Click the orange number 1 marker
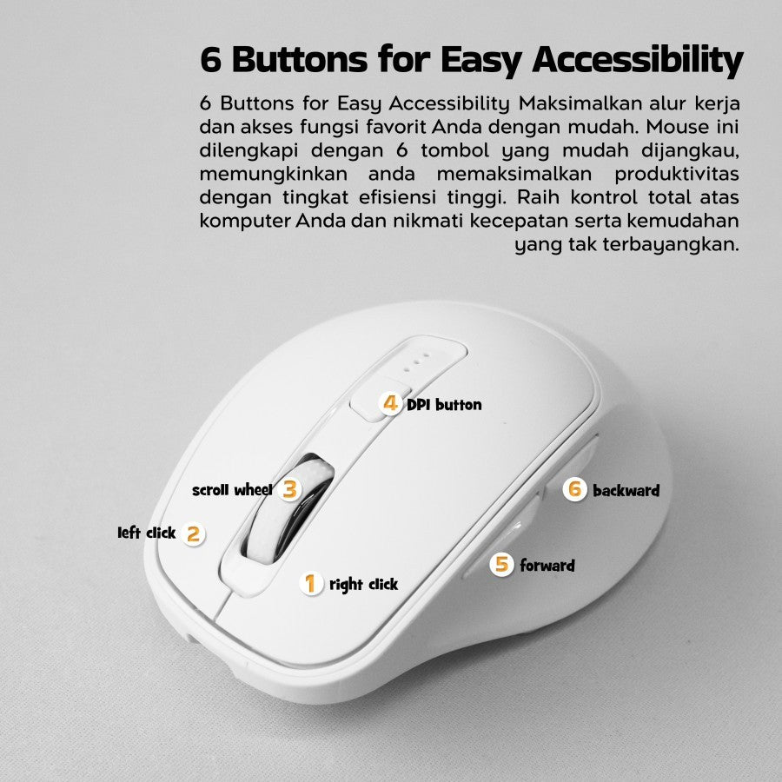coord(311,583)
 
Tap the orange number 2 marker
coord(193,534)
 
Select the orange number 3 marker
coord(289,489)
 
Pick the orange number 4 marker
coord(390,403)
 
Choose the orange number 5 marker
coord(501,565)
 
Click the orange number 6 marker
coord(574,489)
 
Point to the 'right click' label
coord(363,585)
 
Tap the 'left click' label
coord(147,533)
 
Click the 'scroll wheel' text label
coord(232,490)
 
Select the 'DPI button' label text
coord(444,404)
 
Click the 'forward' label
coord(547,566)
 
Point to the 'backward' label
coord(626,491)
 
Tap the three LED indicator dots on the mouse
coord(416,363)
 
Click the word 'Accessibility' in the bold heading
coord(638,61)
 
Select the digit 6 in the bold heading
coord(210,60)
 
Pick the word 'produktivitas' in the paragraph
coord(676,174)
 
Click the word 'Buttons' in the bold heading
coord(299,60)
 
